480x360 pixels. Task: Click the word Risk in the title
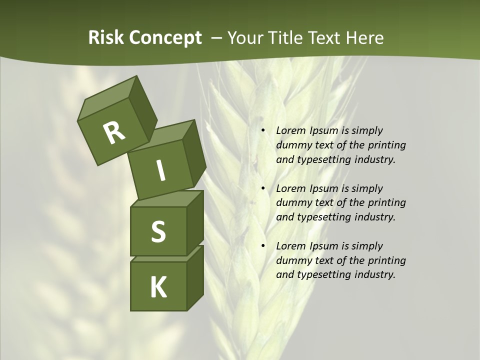point(106,38)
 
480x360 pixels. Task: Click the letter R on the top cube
point(114,132)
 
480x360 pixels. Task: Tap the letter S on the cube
point(158,231)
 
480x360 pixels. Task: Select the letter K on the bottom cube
point(158,287)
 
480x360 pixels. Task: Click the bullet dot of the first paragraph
point(263,131)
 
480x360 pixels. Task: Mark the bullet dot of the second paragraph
point(263,189)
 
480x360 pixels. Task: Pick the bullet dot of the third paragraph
point(263,246)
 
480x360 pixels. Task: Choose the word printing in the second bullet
point(386,203)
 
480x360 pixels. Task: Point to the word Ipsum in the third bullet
point(323,246)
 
